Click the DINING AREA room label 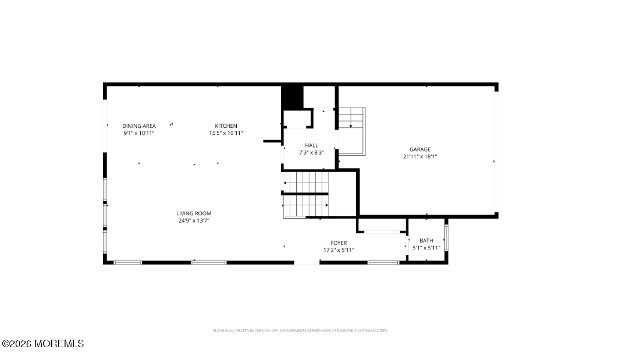138,126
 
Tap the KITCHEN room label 226,126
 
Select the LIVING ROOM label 194,213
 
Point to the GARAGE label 419,149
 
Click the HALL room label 311,145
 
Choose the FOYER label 339,243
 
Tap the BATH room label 426,241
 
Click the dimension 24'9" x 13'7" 194,221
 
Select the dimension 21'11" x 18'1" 419,156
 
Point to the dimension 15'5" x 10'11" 226,133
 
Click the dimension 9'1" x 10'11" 138,133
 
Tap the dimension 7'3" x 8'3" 311,152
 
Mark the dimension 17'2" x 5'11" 339,250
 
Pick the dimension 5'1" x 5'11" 426,248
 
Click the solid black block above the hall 293,97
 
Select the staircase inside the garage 351,131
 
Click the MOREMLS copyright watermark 42,344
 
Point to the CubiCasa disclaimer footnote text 300,330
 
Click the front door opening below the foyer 307,263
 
